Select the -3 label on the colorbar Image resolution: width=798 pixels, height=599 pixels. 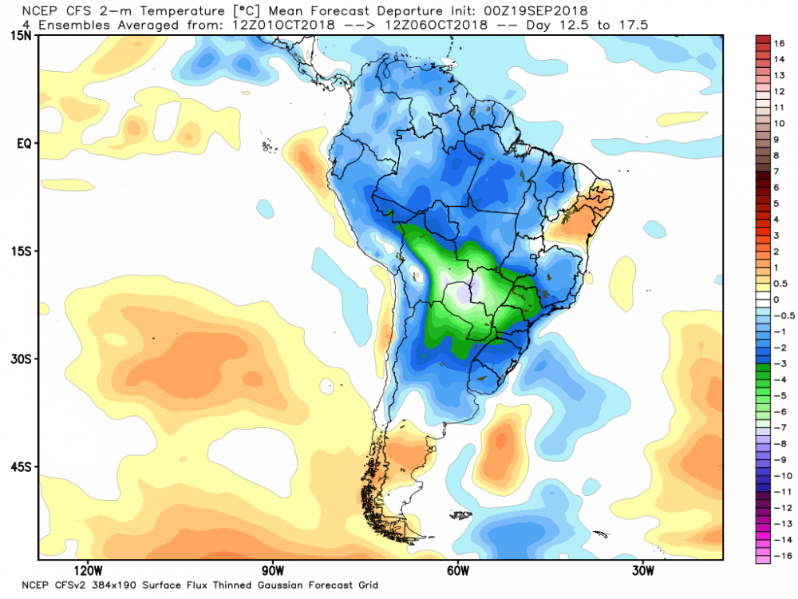pyautogui.click(x=776, y=363)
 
